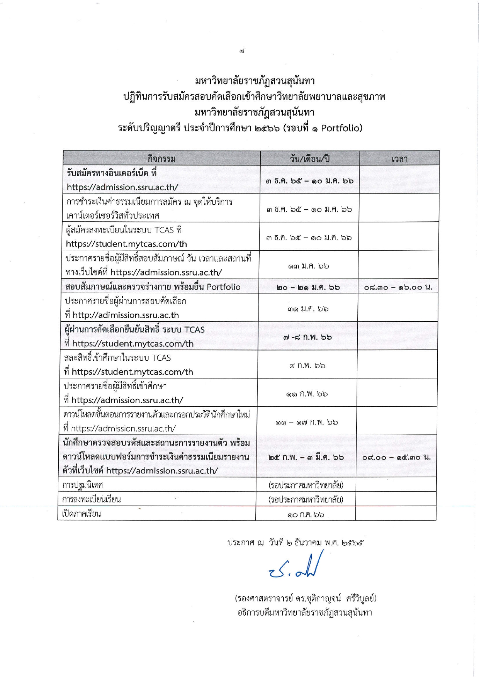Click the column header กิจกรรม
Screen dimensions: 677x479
tap(161, 159)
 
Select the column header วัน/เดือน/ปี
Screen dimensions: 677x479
tap(310, 159)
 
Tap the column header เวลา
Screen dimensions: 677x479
tap(399, 159)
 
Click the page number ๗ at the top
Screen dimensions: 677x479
tap(242, 51)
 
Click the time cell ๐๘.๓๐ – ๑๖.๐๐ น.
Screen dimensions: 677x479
tap(398, 287)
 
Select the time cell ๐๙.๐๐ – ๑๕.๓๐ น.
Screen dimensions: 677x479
tap(396, 457)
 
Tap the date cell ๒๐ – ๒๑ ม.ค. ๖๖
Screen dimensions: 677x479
tap(308, 287)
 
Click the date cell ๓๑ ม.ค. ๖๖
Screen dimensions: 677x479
tap(308, 309)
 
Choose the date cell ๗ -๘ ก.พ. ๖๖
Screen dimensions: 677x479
tap(307, 337)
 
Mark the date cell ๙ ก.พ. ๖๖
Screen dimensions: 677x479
tap(307, 365)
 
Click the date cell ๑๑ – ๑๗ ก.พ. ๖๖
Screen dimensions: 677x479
tap(307, 422)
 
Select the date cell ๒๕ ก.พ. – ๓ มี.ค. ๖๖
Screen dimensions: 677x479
tap(306, 457)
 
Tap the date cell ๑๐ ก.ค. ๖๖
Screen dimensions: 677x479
tap(306, 515)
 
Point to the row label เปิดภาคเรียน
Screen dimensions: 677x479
tap(82, 514)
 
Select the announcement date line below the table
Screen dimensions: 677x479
tap(296, 543)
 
